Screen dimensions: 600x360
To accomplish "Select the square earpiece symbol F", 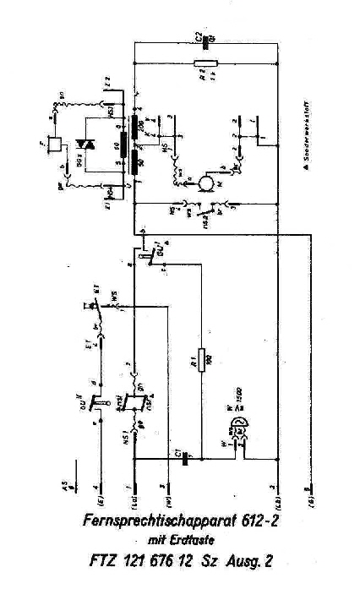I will [54, 145].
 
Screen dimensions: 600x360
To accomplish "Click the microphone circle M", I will [204, 184].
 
